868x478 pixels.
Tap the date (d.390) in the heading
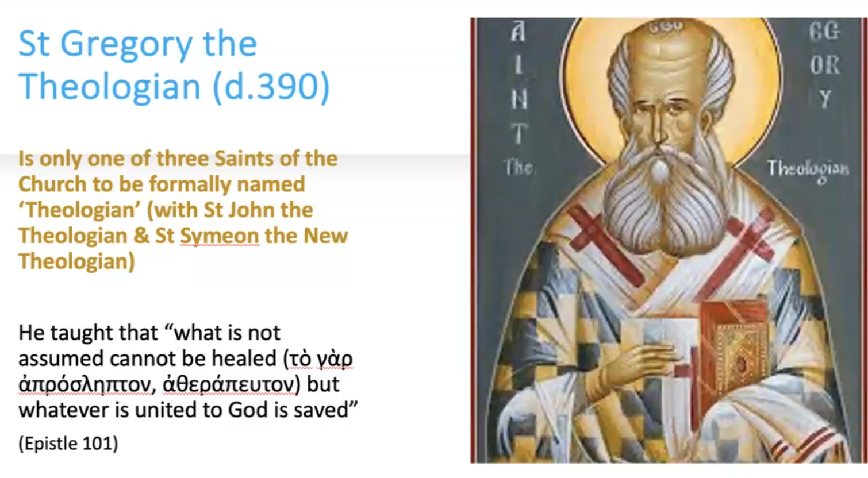click(x=271, y=86)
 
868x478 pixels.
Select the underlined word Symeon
click(x=220, y=236)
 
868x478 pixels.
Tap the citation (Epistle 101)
click(x=68, y=443)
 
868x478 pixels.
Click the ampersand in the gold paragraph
click(x=141, y=236)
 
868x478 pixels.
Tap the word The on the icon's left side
click(x=519, y=167)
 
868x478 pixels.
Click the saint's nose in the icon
click(x=655, y=130)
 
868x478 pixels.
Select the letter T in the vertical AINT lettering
click(x=518, y=134)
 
